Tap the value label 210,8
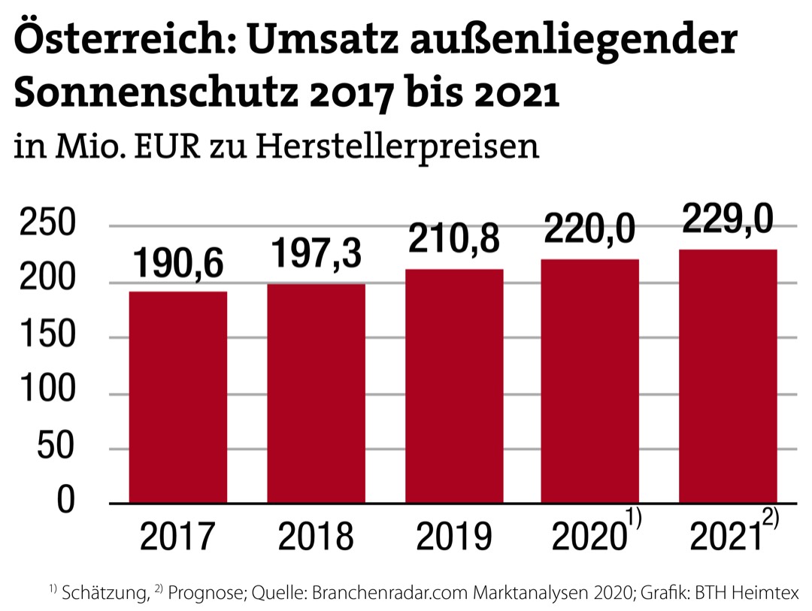[x=454, y=241]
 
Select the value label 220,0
[x=590, y=230]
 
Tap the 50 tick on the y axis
[x=63, y=449]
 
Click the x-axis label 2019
[x=454, y=537]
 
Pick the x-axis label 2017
[x=178, y=537]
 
